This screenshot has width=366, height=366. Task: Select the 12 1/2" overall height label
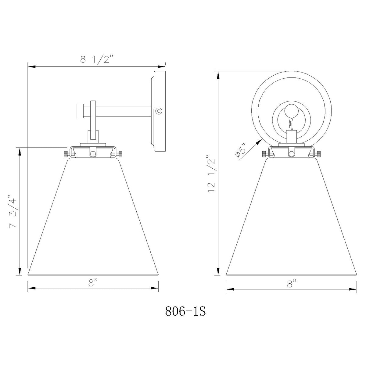tap(211, 174)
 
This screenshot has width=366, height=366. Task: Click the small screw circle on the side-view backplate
tap(159, 111)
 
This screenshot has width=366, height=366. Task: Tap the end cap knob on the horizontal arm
tap(80, 111)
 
